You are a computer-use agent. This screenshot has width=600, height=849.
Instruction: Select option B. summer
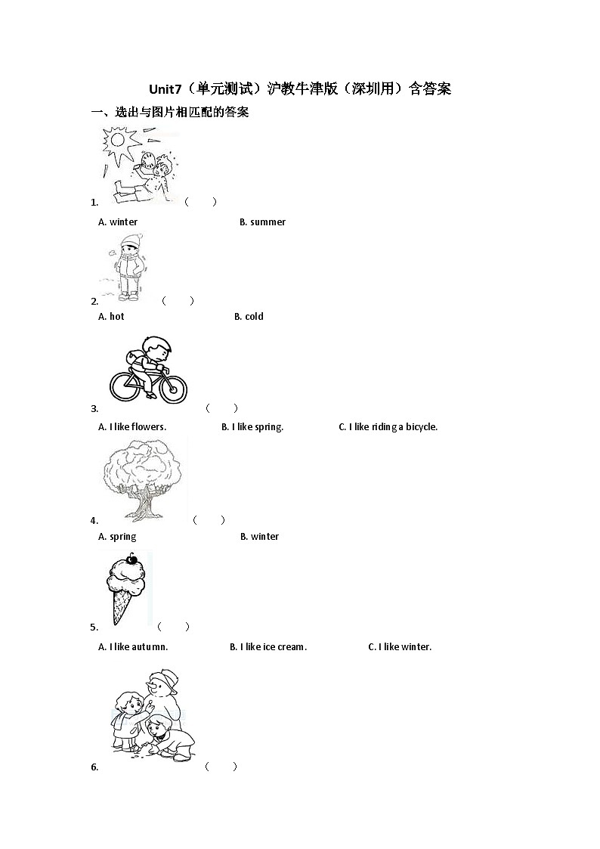pos(262,222)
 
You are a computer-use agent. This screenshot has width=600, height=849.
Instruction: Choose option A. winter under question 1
pos(118,222)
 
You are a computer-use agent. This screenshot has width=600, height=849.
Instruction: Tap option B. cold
pos(249,317)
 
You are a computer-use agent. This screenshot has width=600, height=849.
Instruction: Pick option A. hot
pos(111,317)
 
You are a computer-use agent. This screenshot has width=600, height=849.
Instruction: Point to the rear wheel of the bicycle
pos(125,386)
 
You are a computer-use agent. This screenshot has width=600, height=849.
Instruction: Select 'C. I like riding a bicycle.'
pos(388,427)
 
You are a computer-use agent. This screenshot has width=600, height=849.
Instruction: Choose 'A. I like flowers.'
pos(132,427)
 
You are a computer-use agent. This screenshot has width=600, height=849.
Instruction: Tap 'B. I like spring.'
pos(252,427)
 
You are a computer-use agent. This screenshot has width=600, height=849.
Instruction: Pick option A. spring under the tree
pos(117,537)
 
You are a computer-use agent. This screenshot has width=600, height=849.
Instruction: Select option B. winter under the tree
pos(260,537)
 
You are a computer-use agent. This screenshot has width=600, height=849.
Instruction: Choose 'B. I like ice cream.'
pos(268,647)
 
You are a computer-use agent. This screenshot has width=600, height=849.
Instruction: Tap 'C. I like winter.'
pos(400,647)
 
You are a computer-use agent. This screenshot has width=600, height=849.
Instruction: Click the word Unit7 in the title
pos(165,88)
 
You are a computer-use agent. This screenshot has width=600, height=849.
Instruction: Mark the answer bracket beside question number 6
pos(221,767)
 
